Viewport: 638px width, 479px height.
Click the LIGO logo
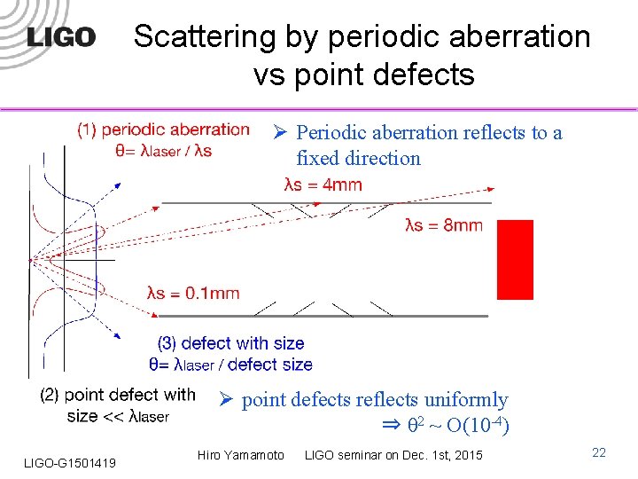(x=61, y=37)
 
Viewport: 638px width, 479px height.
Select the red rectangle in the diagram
(x=515, y=260)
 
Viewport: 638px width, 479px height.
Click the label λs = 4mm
(x=323, y=185)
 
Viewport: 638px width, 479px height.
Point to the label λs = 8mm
(x=443, y=225)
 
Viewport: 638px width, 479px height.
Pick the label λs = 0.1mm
(x=193, y=294)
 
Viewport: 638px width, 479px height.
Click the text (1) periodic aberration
(x=163, y=130)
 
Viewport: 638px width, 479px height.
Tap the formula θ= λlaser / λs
(x=163, y=150)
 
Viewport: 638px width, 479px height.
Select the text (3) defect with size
(x=230, y=343)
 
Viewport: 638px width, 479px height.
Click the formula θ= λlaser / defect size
(x=230, y=364)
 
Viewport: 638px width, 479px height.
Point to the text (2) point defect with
(x=118, y=394)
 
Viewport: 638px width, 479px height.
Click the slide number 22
(x=599, y=453)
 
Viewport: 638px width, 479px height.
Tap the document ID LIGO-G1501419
(x=70, y=461)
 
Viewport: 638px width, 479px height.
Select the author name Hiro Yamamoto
(x=242, y=455)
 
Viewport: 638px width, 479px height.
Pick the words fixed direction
(x=358, y=159)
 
